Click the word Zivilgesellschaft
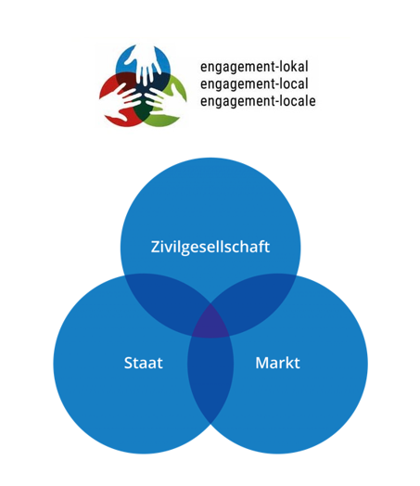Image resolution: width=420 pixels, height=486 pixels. (210, 247)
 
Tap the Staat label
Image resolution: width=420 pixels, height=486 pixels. (144, 363)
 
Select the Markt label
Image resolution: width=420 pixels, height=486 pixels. (277, 363)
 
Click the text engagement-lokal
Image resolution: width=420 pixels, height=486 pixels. (254, 67)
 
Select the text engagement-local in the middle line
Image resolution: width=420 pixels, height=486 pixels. (254, 83)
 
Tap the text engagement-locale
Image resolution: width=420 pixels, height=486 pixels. (258, 101)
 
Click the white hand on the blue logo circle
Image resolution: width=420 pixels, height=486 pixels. (144, 64)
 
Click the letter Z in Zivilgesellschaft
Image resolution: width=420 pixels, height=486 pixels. (156, 247)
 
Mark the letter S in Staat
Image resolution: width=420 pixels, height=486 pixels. (128, 363)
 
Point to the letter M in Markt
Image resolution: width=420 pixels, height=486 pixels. (262, 363)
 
